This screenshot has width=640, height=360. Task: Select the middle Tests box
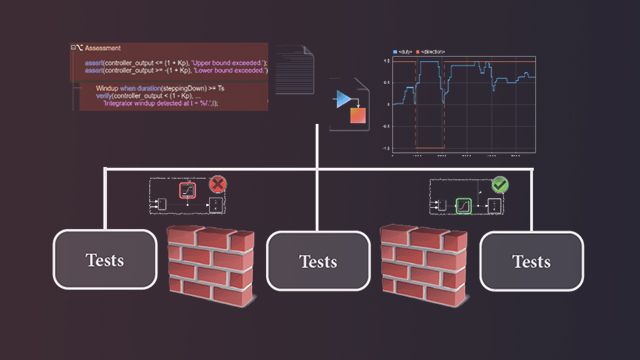click(x=318, y=261)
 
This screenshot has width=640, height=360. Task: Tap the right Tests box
click(x=531, y=261)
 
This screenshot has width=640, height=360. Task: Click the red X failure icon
click(x=218, y=185)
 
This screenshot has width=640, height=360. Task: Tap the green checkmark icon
click(x=501, y=185)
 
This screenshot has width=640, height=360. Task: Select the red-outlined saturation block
click(x=185, y=189)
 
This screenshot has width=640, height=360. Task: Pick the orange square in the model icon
click(x=357, y=116)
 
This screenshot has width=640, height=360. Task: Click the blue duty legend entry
click(x=404, y=50)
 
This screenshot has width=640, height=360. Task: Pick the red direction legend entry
click(x=428, y=50)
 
